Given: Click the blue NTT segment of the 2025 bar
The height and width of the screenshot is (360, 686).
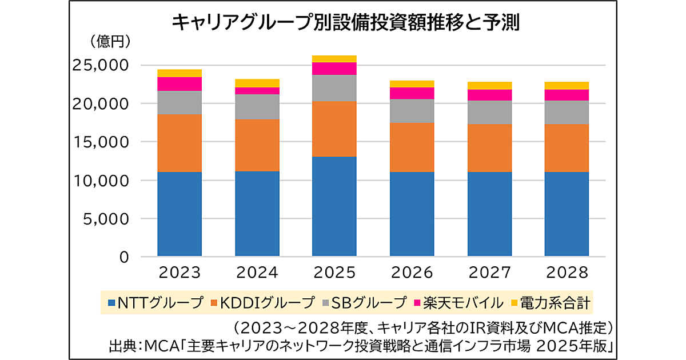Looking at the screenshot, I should pos(334,206).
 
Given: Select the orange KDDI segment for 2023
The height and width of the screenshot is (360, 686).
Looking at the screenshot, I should pos(180,143).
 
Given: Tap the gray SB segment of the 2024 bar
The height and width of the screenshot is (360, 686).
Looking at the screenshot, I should pos(257,107).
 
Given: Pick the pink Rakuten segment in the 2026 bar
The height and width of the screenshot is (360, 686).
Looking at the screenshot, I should pos(412,93).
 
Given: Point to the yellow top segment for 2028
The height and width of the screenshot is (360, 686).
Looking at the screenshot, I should pos(567,86).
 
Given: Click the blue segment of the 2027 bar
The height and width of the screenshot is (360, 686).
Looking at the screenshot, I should pos(489,214).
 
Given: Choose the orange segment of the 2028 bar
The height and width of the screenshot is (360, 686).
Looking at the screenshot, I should pos(567,148).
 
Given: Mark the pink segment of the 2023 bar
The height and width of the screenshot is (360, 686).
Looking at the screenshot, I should pos(180,84).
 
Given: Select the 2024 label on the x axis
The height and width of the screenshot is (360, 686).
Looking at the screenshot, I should pos(257,273).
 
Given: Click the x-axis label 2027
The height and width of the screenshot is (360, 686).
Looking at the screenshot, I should pos(489,273).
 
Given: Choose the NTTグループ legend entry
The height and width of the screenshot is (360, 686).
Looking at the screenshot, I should pos(154,302).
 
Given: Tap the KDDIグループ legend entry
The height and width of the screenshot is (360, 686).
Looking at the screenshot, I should pos(260,302).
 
